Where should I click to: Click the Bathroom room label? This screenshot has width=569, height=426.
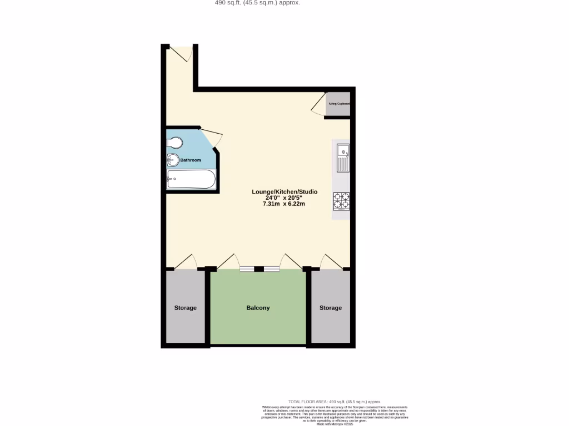[x=190, y=160]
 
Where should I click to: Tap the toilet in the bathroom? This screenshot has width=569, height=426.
[x=174, y=143]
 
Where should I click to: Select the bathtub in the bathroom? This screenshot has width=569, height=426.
[x=191, y=179]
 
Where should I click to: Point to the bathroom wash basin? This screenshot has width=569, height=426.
[x=172, y=161]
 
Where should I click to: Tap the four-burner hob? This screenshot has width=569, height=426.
[x=341, y=201]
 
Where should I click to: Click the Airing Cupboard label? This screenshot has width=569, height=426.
[x=339, y=104]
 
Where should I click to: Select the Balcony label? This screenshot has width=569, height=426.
[x=258, y=308]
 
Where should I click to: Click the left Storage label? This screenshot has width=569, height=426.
[x=185, y=308]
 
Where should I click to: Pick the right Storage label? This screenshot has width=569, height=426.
[x=331, y=308]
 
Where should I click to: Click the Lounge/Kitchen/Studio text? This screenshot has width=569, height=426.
[x=284, y=192]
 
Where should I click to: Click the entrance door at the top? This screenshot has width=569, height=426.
[x=182, y=53]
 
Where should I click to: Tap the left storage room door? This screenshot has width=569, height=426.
[x=185, y=262]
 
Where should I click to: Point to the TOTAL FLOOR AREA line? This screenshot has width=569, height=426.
[x=335, y=402]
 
